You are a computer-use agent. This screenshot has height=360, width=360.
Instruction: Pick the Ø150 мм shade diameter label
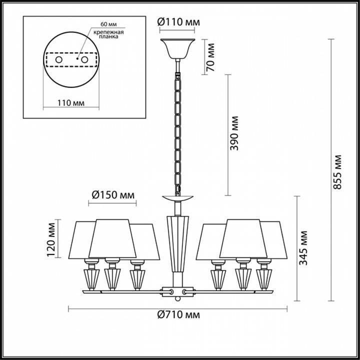(x=113, y=194)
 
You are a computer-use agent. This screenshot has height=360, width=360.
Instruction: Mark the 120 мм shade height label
(x=50, y=242)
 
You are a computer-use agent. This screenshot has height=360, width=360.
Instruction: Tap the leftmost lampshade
(x=82, y=239)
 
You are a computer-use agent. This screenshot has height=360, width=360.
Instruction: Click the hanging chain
(x=178, y=130)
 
